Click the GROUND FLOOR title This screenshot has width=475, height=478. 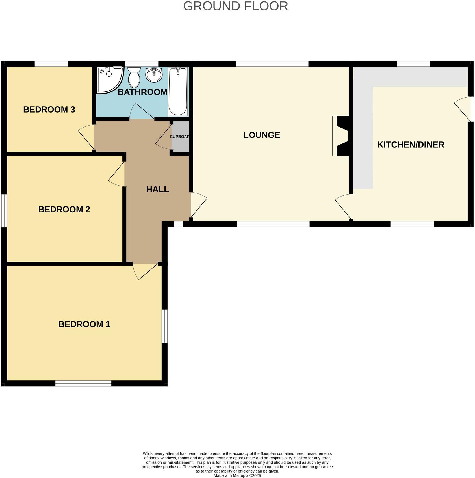[235, 6]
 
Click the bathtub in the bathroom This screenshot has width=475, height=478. [178, 91]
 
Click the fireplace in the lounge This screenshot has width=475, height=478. [341, 136]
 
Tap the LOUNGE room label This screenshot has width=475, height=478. [261, 135]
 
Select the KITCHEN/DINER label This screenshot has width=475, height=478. [410, 145]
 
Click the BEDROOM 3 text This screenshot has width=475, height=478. [49, 109]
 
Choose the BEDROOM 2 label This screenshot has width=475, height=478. [64, 209]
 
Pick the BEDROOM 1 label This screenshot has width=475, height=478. [84, 324]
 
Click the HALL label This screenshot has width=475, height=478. [157, 189]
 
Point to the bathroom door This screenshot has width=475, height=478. [141, 112]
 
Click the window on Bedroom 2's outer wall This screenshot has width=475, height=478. [4, 210]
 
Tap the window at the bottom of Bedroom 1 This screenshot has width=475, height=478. [83, 383]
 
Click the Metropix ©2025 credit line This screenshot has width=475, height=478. [237, 476]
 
